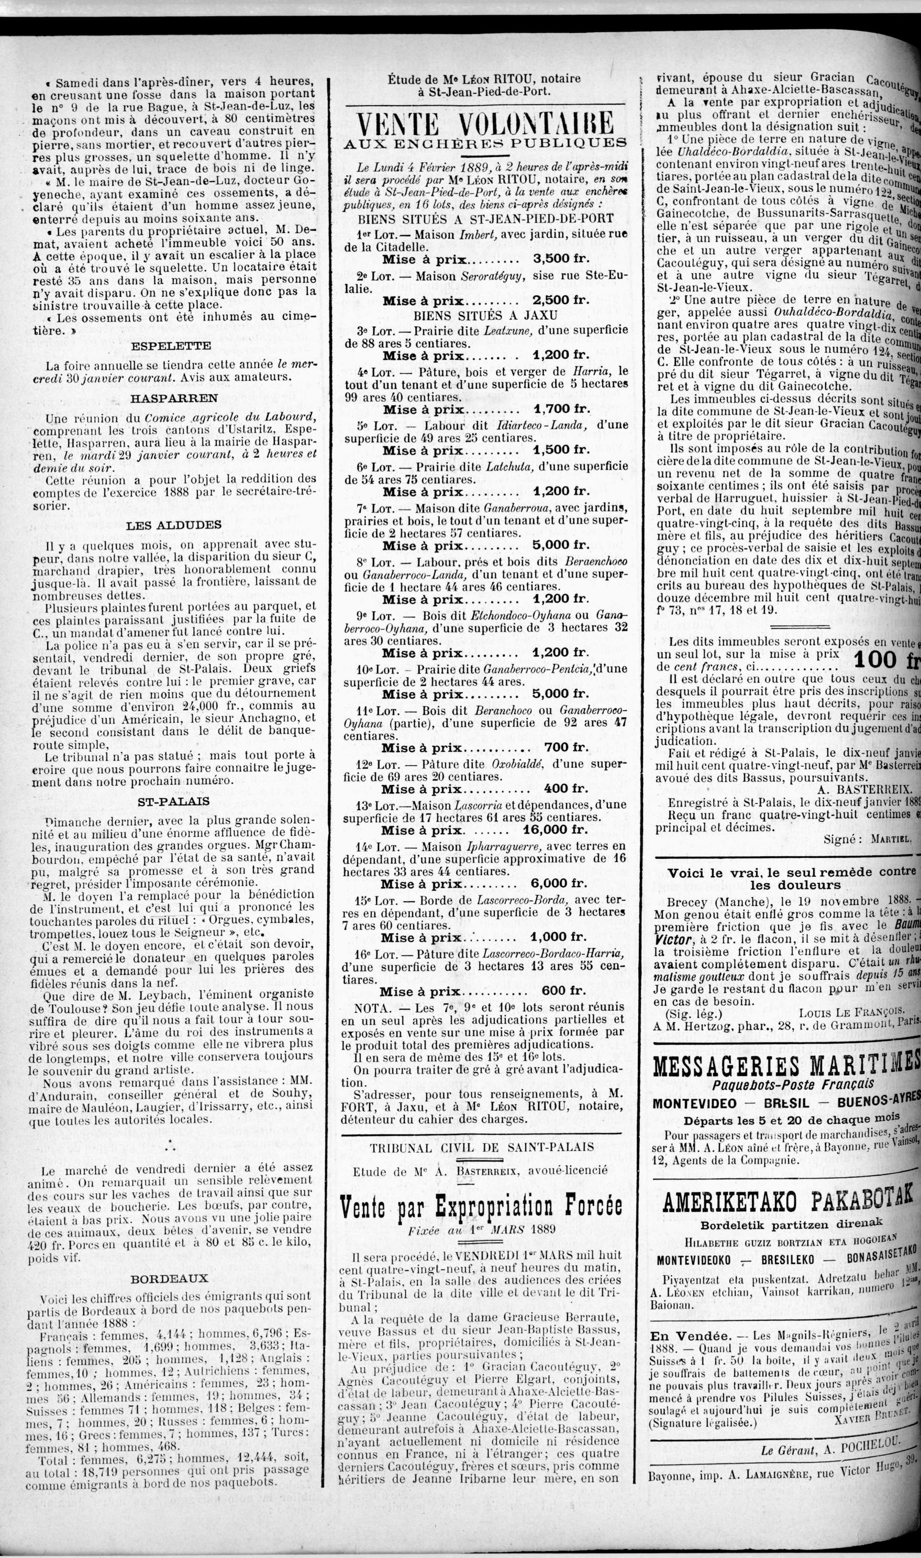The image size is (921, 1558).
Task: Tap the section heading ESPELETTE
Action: [x=171, y=346]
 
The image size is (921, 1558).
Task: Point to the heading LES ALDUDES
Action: [x=174, y=525]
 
